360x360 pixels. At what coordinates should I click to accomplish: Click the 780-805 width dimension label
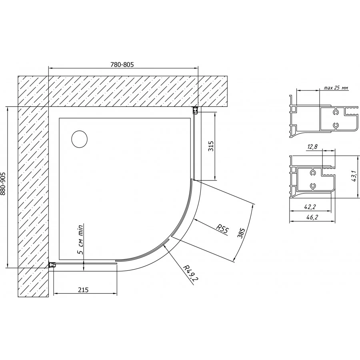122,64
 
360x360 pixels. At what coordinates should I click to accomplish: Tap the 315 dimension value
211,146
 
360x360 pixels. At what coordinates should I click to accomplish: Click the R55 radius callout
223,229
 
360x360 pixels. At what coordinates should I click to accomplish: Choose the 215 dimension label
83,290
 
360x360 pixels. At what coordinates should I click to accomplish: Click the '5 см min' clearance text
80,239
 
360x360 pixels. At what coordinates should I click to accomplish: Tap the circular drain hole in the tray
80,139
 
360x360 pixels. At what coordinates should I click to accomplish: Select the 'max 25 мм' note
336,88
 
